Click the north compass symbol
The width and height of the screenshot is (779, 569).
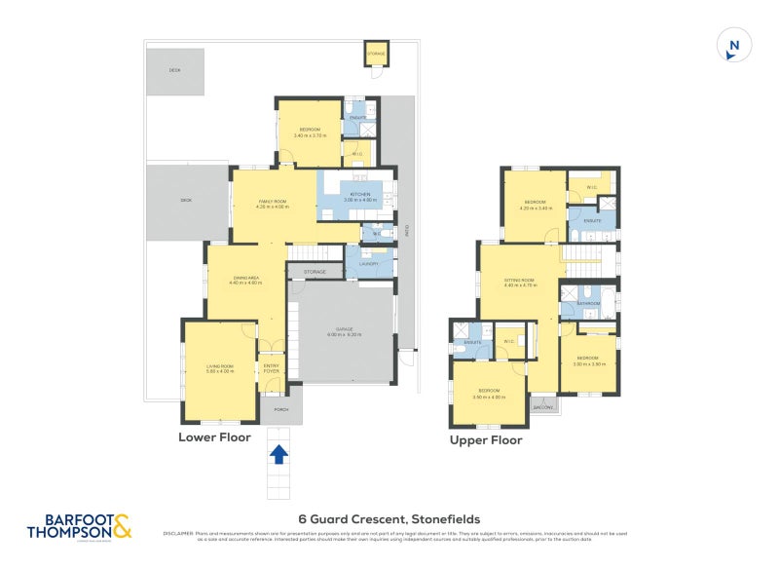pos(733,46)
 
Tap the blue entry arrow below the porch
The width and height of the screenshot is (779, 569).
pos(279,454)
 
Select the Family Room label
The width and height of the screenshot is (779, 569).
pos(273,203)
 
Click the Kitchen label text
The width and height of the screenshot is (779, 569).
pos(360,196)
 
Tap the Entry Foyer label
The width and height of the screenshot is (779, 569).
pos(272,368)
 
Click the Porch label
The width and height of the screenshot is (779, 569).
pos(280,410)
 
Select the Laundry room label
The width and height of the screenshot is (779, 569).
pos(368,263)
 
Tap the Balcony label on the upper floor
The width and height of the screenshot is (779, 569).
pos(543,406)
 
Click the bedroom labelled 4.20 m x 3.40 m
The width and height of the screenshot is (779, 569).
pos(537,206)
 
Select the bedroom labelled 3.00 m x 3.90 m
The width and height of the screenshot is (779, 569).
pos(589,361)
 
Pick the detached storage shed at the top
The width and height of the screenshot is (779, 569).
pos(376,54)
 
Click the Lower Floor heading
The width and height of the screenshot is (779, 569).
pos(214,437)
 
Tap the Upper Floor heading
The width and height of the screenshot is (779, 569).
pos(485,440)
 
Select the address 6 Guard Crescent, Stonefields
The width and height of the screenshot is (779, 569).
pos(389,519)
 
